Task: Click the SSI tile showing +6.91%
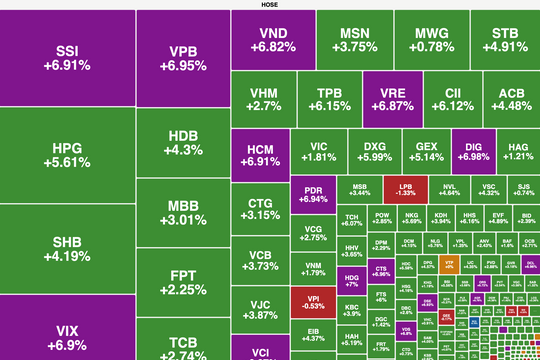[67, 57]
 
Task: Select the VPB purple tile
[182, 58]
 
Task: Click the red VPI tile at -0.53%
[313, 300]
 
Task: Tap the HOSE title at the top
[269, 4]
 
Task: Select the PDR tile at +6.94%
[313, 193]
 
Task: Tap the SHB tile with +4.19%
[67, 247]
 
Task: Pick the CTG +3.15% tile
[260, 208]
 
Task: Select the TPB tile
[330, 99]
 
